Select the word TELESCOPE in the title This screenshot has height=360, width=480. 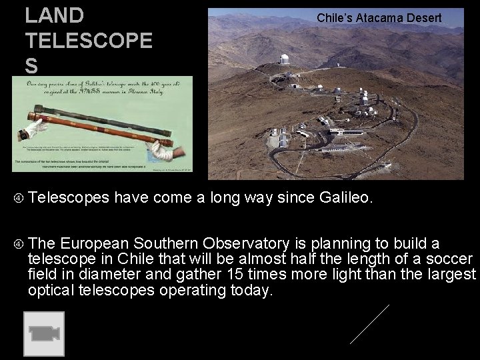(x=89, y=41)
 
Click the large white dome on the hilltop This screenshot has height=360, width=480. (x=285, y=60)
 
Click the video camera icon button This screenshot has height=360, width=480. (x=44, y=333)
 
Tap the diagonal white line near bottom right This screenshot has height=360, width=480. (x=369, y=324)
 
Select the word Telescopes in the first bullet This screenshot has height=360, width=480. (x=70, y=198)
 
